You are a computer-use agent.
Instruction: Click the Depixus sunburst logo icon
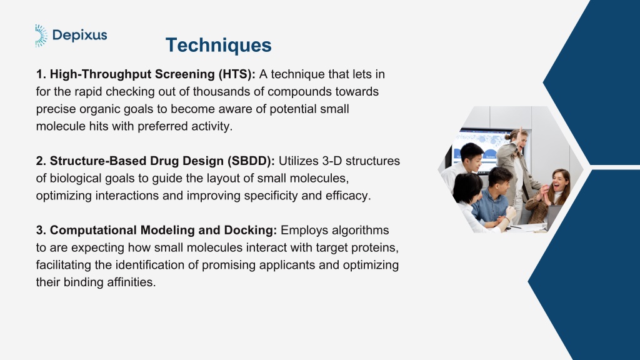(41, 36)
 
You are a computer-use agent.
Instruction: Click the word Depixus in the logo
(80, 36)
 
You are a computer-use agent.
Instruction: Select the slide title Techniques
(218, 45)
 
